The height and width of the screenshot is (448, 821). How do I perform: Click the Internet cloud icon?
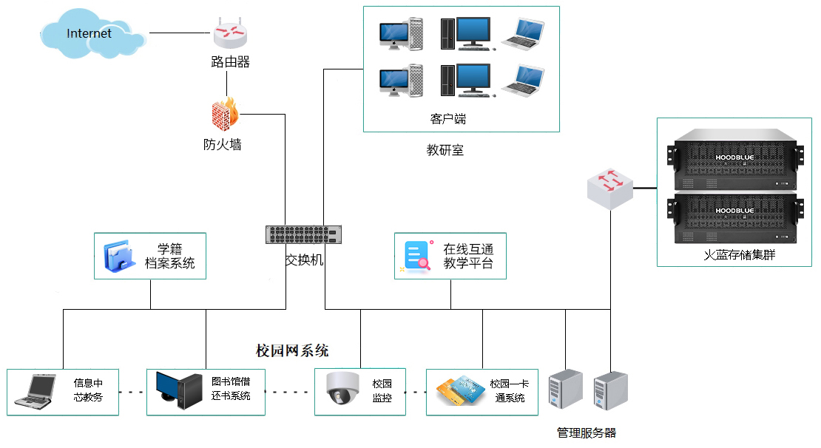(x=92, y=34)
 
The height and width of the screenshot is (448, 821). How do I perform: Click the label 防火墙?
(x=223, y=145)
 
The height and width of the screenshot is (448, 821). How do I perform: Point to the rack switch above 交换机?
(x=304, y=234)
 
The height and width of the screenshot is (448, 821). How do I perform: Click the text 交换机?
(x=305, y=260)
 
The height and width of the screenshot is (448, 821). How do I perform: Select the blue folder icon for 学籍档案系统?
(x=120, y=256)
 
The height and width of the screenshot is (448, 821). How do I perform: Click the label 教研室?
(x=445, y=150)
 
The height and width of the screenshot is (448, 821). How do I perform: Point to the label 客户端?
(x=448, y=118)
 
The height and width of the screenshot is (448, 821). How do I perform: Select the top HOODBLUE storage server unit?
(x=734, y=160)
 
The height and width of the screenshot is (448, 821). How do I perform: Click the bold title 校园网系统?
(x=292, y=350)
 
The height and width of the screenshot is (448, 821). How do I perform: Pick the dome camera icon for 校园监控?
(x=342, y=388)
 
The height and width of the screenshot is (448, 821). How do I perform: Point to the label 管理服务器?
(x=586, y=432)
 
